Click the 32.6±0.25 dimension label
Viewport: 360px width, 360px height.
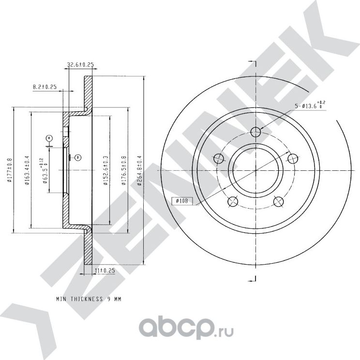pyautogui.click(x=80, y=64)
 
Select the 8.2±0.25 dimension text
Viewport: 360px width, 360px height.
pyautogui.click(x=45, y=87)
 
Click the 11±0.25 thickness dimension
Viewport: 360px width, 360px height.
pyautogui.click(x=104, y=271)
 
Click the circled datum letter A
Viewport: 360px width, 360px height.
pyautogui.click(x=49, y=138)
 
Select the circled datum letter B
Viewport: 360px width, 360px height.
pyautogui.click(x=77, y=157)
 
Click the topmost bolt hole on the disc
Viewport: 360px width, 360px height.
pyautogui.click(x=256, y=132)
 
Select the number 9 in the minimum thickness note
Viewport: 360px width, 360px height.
pyautogui.click(x=108, y=300)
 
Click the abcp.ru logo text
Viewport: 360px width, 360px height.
pyautogui.click(x=186, y=330)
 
